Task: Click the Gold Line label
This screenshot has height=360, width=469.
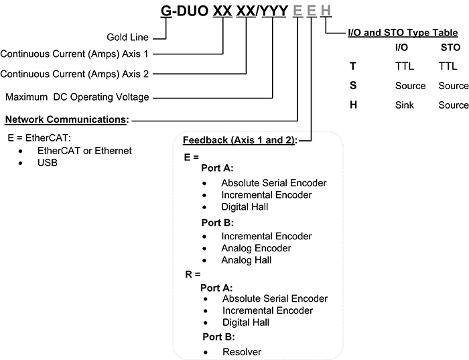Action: coord(128,37)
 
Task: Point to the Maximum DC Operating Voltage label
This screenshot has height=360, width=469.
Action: coord(77,97)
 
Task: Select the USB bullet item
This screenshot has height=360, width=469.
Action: coord(47,162)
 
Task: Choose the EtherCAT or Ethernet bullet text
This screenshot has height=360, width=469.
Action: coord(84,151)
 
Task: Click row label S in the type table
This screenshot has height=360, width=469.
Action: coord(353,86)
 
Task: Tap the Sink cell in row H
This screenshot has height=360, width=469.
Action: coord(406,105)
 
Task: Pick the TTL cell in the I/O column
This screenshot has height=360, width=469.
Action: coord(405,66)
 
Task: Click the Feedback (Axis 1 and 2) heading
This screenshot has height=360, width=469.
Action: coord(239,139)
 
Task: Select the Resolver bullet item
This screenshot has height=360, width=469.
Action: coord(242,351)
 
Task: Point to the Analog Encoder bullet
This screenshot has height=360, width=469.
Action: coord(257,248)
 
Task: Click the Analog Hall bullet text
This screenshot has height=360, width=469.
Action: coord(247,260)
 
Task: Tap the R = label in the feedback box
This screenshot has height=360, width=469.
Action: coord(192,275)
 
